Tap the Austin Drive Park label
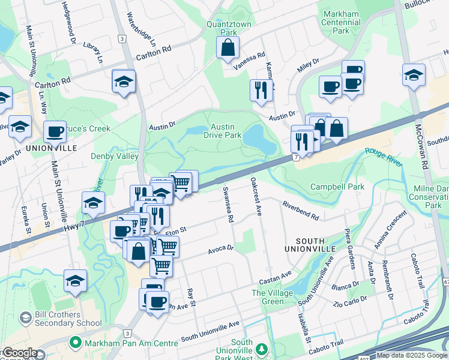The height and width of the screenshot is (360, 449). tap(226, 131)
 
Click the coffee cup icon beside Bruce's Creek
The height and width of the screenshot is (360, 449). tap(55, 131)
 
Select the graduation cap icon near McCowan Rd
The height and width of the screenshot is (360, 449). tap(414, 76)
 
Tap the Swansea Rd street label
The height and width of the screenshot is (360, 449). tap(228, 204)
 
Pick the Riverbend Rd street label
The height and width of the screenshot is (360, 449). tap(300, 210)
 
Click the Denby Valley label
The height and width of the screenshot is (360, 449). tap(115, 156)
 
